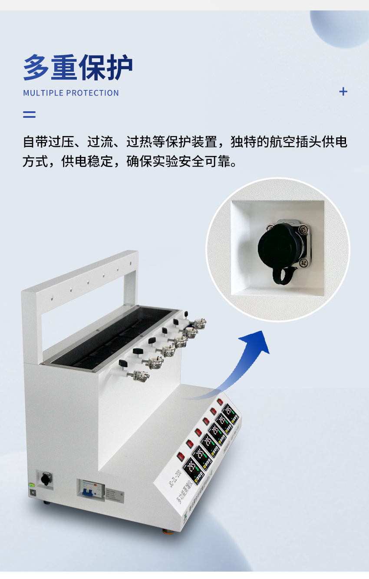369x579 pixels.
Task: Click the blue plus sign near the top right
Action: (x=343, y=91)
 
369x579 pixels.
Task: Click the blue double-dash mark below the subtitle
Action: (x=29, y=115)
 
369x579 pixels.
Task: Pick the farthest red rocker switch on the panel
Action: (x=221, y=402)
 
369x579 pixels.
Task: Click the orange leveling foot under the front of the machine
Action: (x=165, y=531)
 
